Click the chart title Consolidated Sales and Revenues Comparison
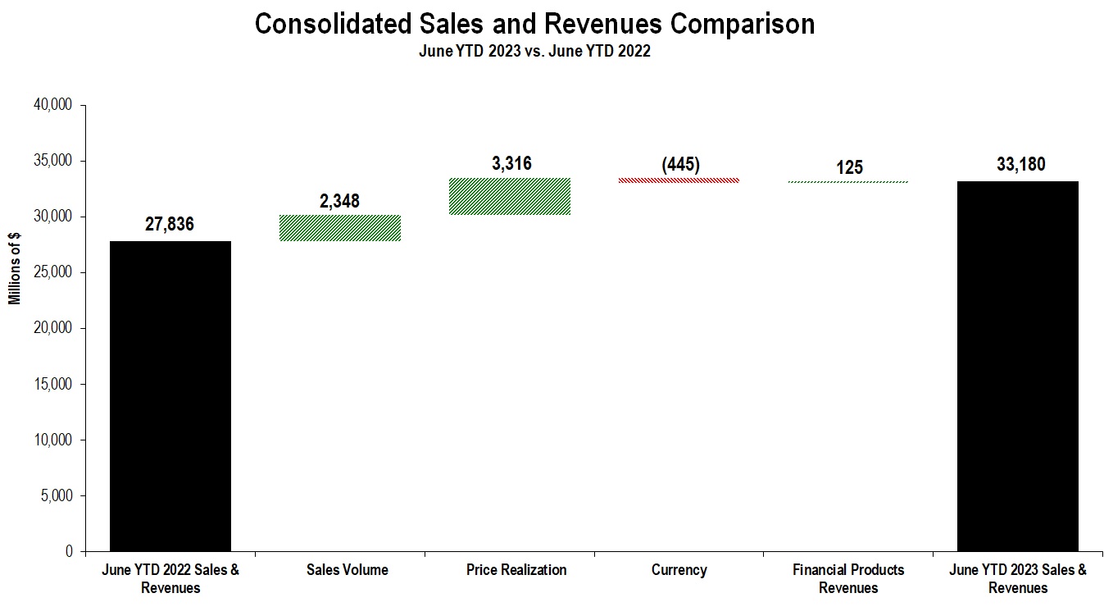tap(534, 24)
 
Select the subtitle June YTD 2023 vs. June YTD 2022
tap(534, 51)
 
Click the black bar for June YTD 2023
tap(1017, 366)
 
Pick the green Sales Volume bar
tap(340, 228)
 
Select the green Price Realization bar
tap(510, 196)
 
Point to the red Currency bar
tap(679, 180)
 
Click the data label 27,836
tap(170, 224)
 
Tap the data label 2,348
tap(339, 200)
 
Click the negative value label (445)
tap(680, 164)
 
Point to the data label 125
tap(849, 167)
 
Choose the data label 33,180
tap(1017, 164)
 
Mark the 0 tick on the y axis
tap(70, 551)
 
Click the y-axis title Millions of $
tap(15, 269)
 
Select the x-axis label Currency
tap(679, 570)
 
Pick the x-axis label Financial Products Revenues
tap(848, 578)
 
